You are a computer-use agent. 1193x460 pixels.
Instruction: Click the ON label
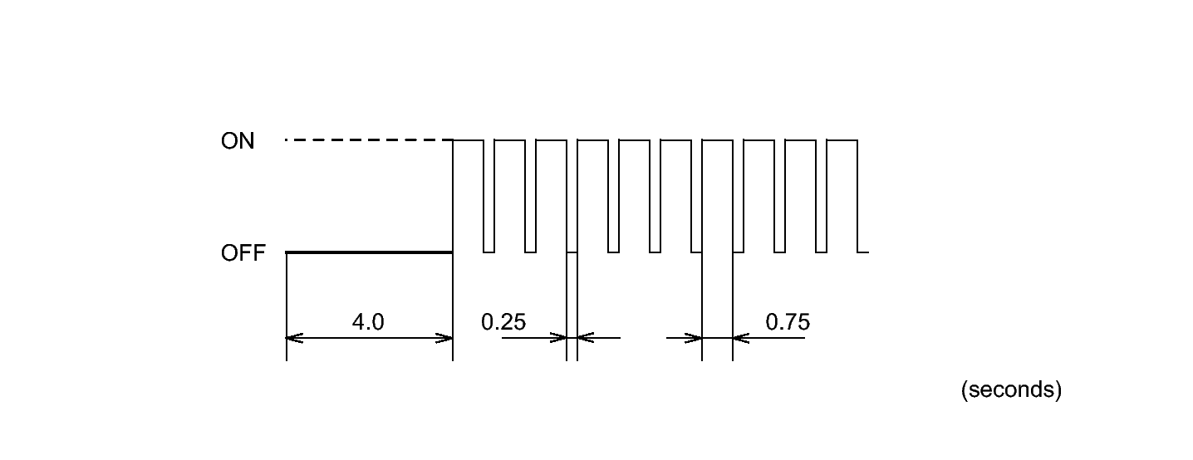point(238,141)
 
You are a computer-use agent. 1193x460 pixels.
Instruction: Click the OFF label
point(243,253)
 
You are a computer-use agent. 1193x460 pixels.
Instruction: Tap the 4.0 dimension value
point(368,321)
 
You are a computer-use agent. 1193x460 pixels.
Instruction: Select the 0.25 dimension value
point(503,321)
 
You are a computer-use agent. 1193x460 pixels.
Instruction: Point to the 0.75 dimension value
point(788,321)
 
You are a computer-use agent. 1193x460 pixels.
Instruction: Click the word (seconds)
point(1011,389)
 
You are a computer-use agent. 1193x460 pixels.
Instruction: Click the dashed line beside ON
point(369,140)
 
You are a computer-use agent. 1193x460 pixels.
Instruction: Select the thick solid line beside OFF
point(369,252)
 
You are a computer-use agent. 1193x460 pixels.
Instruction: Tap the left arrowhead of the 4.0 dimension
point(295,338)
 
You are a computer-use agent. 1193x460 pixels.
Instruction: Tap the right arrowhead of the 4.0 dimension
point(444,338)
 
